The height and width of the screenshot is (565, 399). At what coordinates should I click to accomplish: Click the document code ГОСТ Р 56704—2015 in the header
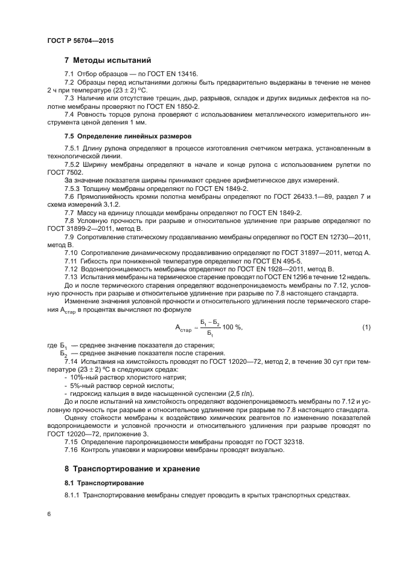click(80, 40)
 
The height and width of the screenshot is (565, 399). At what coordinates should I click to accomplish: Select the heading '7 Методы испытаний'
click(107, 60)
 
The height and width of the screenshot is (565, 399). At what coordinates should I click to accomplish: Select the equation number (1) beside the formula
click(366, 327)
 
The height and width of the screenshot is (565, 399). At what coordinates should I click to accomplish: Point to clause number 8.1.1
click(72, 495)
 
